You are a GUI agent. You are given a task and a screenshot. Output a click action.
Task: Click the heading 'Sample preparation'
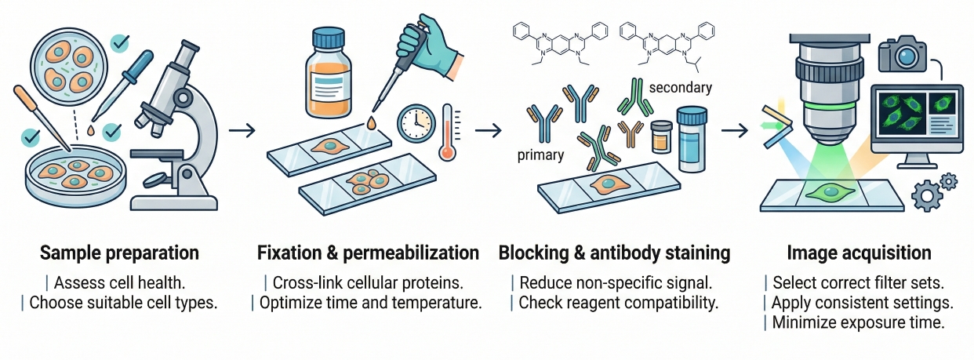[119, 253]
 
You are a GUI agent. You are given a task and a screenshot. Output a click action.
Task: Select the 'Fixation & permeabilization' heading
[368, 253]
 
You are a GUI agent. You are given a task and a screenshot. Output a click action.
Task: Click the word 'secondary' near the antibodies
[680, 88]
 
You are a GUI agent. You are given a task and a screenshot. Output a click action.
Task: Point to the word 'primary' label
[540, 155]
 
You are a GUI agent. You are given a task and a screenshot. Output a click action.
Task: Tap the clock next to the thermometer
[415, 124]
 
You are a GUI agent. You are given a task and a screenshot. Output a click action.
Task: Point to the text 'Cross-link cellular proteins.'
[369, 282]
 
